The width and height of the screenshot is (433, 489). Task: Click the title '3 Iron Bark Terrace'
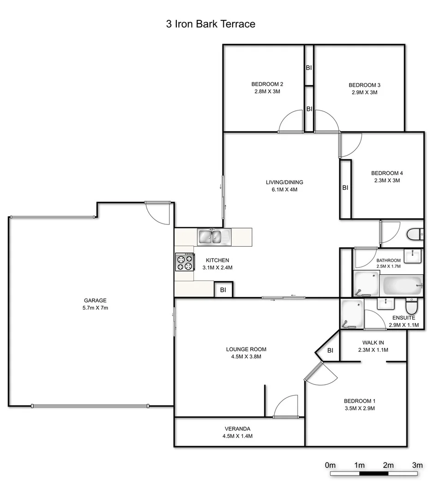tap(210, 24)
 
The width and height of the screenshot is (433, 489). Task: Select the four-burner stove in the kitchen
tap(184, 262)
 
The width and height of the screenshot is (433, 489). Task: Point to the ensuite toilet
tap(411, 305)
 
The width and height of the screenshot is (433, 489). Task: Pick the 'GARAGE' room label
tap(95, 300)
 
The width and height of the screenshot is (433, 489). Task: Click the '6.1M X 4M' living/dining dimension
tap(284, 189)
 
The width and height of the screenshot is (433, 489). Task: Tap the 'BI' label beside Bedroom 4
tap(345, 188)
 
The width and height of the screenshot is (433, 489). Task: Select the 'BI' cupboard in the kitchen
tap(223, 290)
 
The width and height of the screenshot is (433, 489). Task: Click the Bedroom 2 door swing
tap(290, 123)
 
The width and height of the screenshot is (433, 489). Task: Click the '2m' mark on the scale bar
tap(388, 465)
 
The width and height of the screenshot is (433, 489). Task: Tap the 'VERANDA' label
tap(238, 428)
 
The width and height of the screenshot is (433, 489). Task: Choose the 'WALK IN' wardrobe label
tap(373, 342)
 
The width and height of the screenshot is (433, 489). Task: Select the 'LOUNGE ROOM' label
tap(246, 349)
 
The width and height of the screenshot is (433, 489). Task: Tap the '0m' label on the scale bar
tap(330, 465)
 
